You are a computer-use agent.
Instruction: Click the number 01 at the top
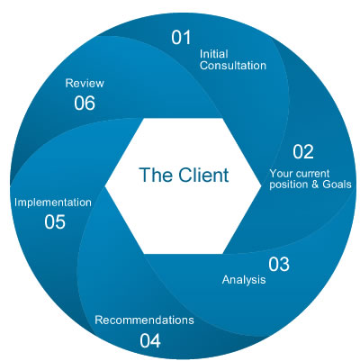[x=182, y=38]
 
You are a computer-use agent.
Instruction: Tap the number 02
[x=303, y=151]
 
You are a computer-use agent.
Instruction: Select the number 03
[x=278, y=265]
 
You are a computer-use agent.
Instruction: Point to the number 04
[x=150, y=340]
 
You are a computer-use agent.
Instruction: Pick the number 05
[x=55, y=221]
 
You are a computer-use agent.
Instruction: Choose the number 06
[x=85, y=103]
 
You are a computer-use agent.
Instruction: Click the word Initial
[x=212, y=53]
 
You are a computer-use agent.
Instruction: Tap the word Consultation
[x=232, y=66]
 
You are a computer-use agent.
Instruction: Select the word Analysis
[x=244, y=280]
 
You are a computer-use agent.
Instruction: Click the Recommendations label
[x=144, y=320]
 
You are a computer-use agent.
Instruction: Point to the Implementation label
[x=52, y=203]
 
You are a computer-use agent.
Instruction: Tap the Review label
[x=85, y=83]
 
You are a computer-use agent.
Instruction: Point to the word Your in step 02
[x=282, y=172]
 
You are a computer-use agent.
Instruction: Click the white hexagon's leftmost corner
[x=106, y=183]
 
